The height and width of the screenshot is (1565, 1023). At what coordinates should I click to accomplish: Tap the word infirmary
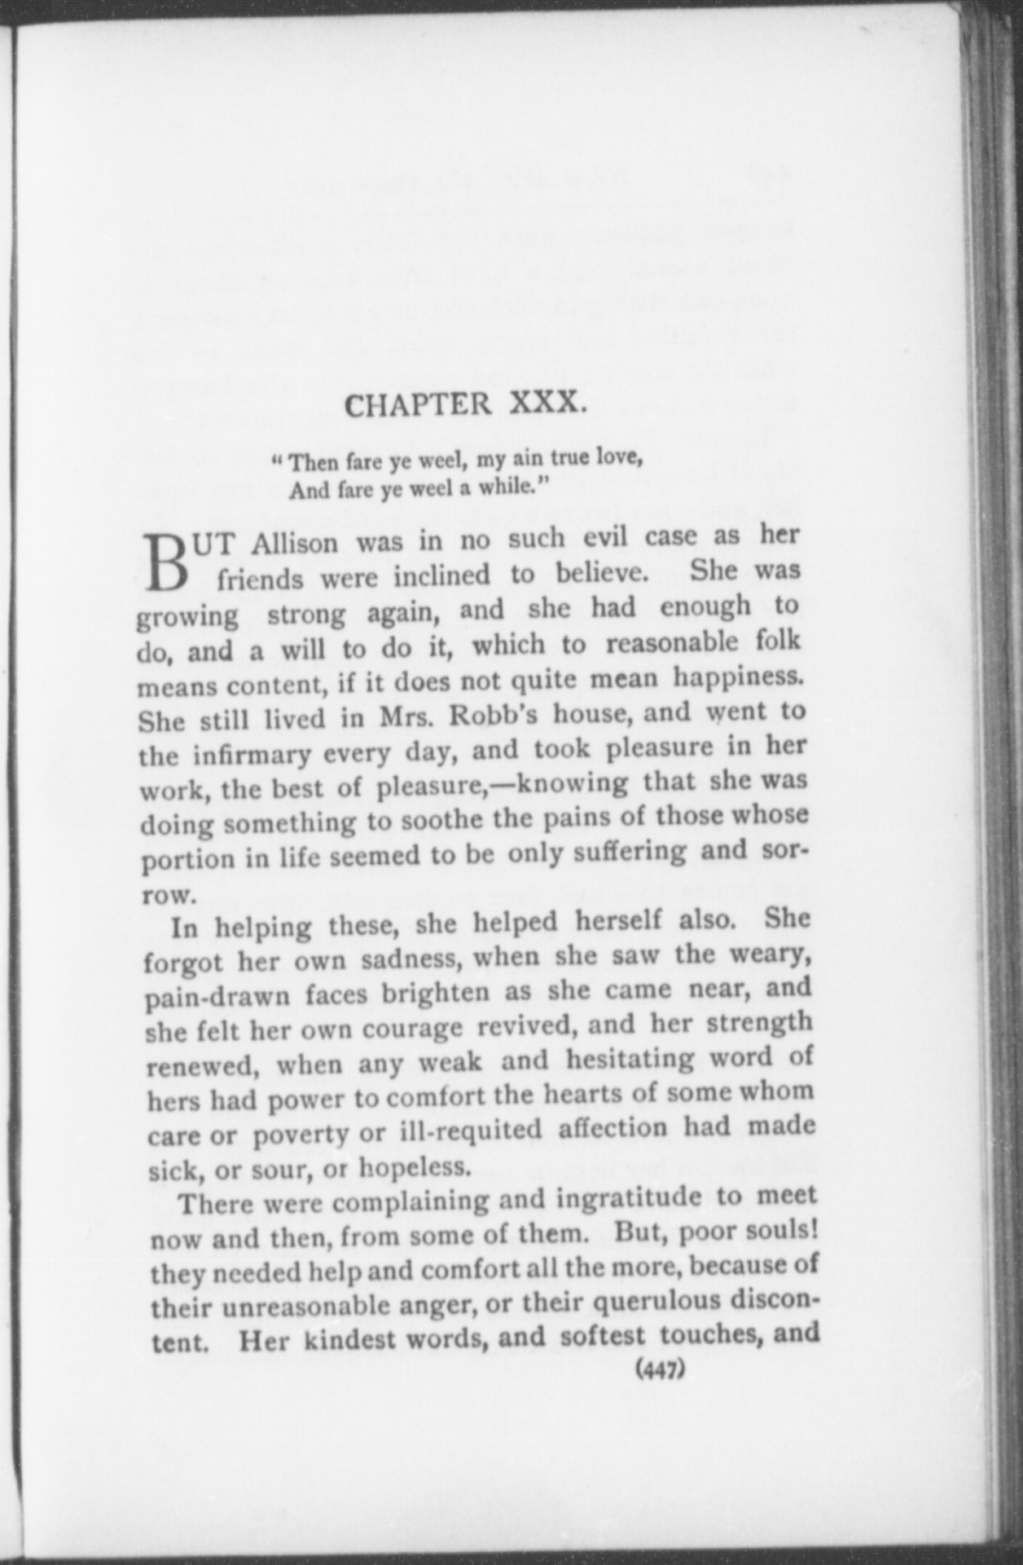click(x=252, y=754)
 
